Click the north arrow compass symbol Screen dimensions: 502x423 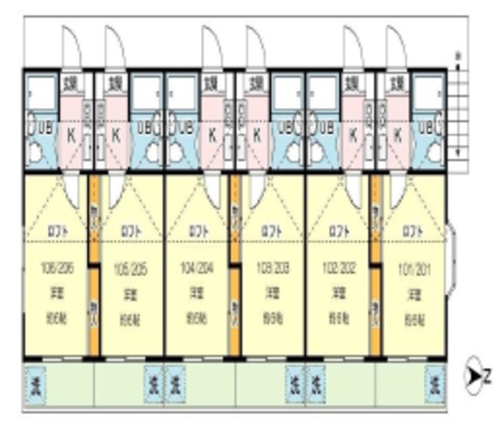pyautogui.click(x=474, y=377)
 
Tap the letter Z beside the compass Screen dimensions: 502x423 pyautogui.click(x=488, y=377)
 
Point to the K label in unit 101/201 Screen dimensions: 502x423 pyautogui.click(x=398, y=133)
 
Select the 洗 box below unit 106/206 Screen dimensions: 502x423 pyautogui.click(x=35, y=384)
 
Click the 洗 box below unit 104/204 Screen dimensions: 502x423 pyautogui.click(x=176, y=384)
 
